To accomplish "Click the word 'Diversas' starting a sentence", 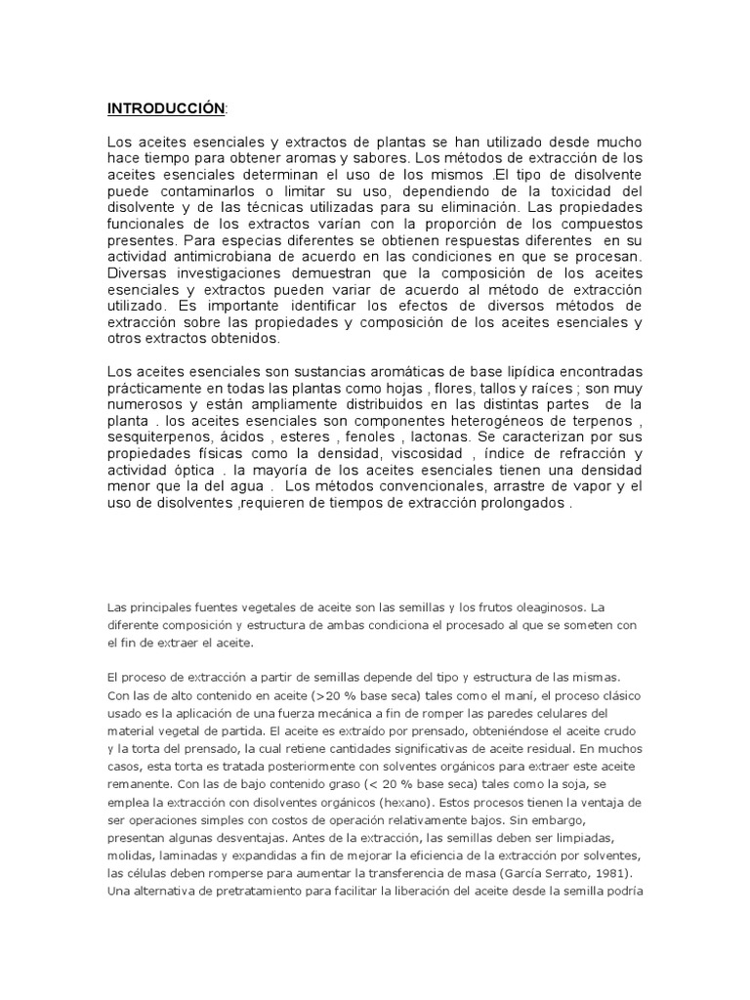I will coord(137,274).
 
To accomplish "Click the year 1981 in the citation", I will coord(616,871).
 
